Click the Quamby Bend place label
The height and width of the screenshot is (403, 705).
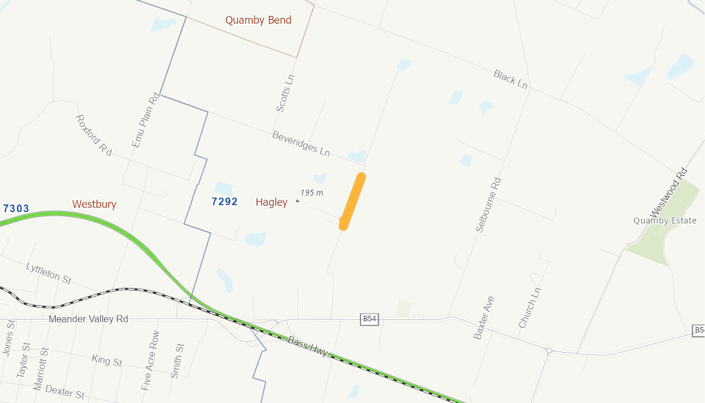(258, 20)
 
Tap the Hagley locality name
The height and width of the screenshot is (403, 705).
(272, 202)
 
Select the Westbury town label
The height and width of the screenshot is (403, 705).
(94, 204)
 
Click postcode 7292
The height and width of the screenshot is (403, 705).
(224, 202)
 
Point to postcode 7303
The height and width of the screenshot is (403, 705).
(16, 209)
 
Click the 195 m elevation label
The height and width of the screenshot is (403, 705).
(311, 193)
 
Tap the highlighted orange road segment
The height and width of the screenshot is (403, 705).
(352, 201)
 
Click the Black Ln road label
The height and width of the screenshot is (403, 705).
(510, 79)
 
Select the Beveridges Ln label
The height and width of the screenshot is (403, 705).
(301, 143)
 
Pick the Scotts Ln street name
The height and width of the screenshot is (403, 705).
(285, 93)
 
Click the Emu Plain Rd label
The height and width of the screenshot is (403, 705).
(146, 120)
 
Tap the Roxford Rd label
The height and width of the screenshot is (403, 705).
(94, 135)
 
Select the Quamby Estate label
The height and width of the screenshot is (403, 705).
(665, 220)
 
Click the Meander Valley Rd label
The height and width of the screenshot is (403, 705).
(88, 319)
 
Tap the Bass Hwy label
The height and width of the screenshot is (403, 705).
(308, 346)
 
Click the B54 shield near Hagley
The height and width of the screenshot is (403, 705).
(369, 319)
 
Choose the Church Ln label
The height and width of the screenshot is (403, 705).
(530, 308)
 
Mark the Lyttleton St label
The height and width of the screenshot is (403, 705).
(49, 271)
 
